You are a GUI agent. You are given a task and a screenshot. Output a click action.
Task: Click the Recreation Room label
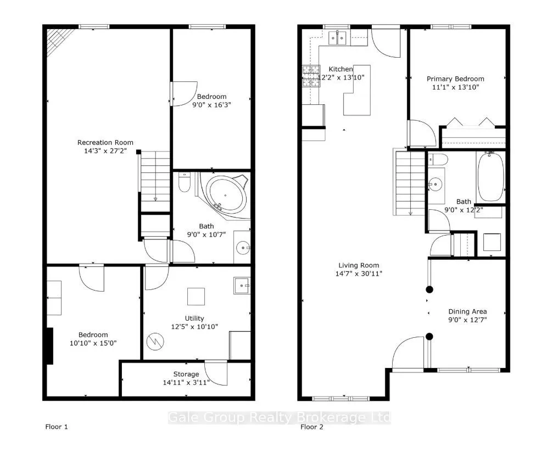point(105,143)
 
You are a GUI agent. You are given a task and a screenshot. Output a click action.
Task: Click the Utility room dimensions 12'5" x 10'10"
point(194,326)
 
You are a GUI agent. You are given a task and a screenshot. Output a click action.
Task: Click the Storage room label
point(186,375)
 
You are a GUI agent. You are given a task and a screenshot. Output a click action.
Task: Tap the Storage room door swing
point(218,373)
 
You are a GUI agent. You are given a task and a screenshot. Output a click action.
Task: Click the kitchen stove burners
point(311,76)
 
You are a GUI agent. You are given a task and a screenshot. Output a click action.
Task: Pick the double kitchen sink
point(337,37)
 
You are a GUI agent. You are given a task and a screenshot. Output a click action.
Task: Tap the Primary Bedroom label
point(455,79)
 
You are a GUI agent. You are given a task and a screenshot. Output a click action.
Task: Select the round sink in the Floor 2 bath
point(437,183)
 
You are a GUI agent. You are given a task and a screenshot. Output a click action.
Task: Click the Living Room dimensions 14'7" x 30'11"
point(359,274)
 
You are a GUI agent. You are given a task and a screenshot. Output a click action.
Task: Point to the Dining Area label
point(467,311)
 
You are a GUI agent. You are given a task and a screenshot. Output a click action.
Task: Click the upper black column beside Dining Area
point(429,289)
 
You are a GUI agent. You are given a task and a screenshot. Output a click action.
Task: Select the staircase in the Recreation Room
point(155,177)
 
